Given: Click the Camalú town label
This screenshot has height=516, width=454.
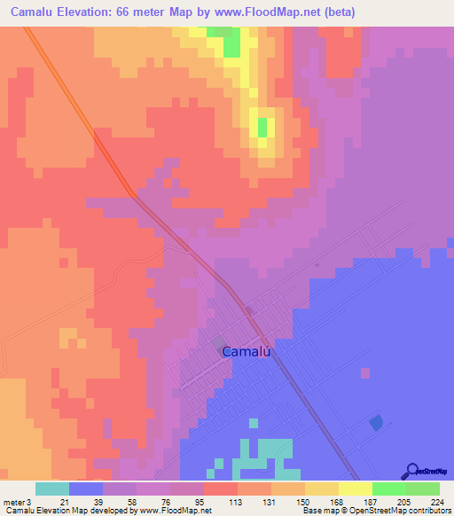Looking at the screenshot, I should tap(245, 352).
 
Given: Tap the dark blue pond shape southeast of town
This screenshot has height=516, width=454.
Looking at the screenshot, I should tap(376, 423).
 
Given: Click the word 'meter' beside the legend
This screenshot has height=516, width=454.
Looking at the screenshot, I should tap(13, 502).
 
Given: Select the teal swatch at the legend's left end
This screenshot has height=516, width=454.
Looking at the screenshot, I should tap(52, 489).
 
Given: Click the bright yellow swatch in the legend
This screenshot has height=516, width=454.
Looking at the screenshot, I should tap(356, 489).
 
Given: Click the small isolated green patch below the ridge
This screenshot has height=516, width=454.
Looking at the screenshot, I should tap(262, 127).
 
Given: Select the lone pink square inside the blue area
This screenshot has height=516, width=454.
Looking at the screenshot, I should tap(363, 372).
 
